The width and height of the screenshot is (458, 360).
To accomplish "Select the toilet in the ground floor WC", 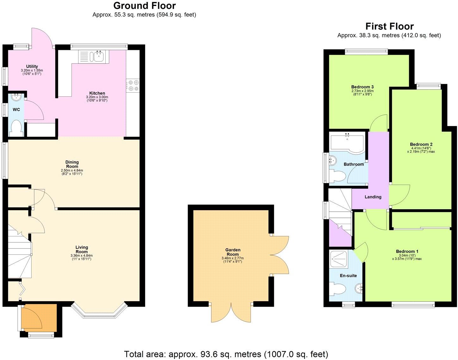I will click(x=16, y=129).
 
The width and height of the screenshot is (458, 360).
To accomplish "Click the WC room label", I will click(x=16, y=110).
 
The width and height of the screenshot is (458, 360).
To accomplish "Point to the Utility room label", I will click(x=32, y=66).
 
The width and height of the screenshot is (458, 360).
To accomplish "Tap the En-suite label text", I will click(x=348, y=276).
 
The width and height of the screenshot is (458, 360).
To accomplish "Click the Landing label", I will click(x=373, y=197).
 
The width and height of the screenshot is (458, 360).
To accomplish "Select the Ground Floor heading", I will click(x=144, y=6).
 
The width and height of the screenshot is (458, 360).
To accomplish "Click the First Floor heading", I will click(x=389, y=26).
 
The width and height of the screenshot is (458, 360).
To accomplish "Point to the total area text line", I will click(x=226, y=354).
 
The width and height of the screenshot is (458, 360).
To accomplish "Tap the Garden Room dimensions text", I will click(x=232, y=260).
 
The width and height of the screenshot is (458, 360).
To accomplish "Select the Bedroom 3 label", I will click(x=362, y=87).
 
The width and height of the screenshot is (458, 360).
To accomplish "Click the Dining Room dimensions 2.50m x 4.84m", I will click(x=72, y=170).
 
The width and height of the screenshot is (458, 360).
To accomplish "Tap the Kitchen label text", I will click(x=97, y=93).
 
